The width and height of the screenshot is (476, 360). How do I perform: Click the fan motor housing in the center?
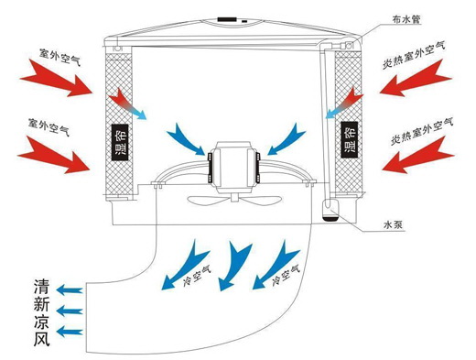coord(234,165)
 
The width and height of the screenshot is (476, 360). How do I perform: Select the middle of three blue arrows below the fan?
coord(239,255)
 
